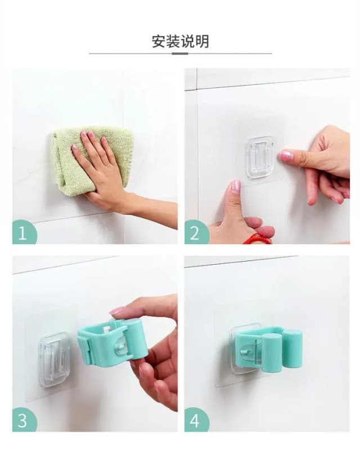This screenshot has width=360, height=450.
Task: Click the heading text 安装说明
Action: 180,41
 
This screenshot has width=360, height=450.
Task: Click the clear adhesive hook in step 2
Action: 259,157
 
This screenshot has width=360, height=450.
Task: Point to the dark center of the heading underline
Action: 180,53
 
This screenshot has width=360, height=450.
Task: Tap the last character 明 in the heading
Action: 202,41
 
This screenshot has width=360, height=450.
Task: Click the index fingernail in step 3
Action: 117,310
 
